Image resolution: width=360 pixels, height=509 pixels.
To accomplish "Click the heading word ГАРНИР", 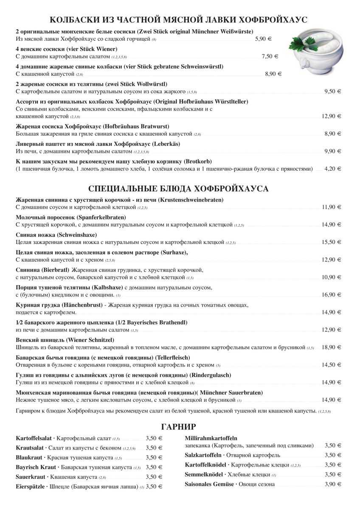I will [179, 426].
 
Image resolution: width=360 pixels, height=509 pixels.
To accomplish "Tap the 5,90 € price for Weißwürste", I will [263, 39].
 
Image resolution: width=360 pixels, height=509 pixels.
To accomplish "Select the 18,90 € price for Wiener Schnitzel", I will [332, 347].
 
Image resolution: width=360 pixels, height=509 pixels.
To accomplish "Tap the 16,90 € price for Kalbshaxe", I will [332, 295].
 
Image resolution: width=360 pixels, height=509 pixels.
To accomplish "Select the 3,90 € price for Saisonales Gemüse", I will [333, 484].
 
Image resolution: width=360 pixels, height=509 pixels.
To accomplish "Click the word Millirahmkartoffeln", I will [211, 438].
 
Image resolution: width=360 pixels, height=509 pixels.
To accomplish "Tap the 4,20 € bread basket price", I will [333, 169].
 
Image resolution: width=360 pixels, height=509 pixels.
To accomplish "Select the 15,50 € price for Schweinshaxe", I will [332, 242].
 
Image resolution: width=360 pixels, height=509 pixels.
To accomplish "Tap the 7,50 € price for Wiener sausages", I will [270, 56].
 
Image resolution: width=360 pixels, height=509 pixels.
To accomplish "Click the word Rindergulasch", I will [211, 375].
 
